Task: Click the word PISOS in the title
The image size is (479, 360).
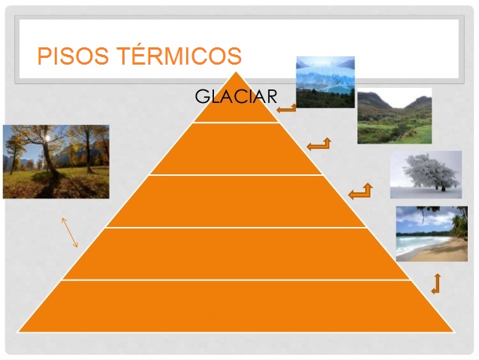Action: pyautogui.click(x=73, y=56)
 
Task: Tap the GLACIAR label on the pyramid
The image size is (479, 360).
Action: pyautogui.click(x=236, y=96)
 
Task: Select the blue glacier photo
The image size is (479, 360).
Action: pyautogui.click(x=325, y=82)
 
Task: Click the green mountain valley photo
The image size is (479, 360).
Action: pyautogui.click(x=394, y=116)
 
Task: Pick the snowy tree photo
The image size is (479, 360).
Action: pyautogui.click(x=426, y=174)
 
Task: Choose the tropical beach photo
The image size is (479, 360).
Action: pyautogui.click(x=432, y=234)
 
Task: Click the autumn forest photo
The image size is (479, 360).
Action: pyautogui.click(x=56, y=162)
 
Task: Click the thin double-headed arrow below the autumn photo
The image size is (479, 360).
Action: pyautogui.click(x=70, y=232)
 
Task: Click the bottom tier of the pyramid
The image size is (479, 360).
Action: pyautogui.click(x=236, y=307)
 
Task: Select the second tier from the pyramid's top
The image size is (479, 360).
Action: pyautogui.click(x=236, y=149)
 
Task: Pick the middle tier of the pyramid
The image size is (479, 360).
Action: pyautogui.click(x=236, y=201)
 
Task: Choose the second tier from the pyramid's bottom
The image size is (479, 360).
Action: pyautogui.click(x=236, y=254)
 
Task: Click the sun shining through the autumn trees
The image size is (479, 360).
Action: pyautogui.click(x=47, y=138)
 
